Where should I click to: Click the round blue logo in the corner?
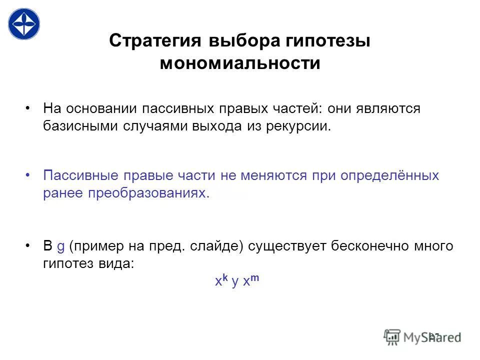click(23, 23)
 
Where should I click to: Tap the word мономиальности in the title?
click(240, 63)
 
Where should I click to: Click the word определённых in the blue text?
click(390, 176)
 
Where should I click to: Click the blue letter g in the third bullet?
click(61, 247)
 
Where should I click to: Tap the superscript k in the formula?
click(225, 278)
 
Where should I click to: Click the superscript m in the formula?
click(255, 278)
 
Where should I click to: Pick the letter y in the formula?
click(235, 283)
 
